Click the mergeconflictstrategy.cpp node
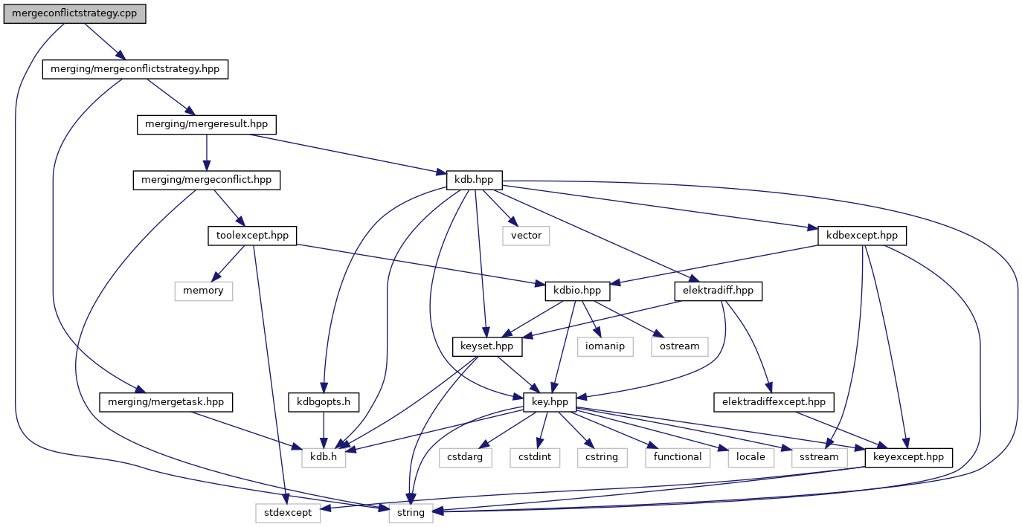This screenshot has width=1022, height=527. tap(74, 14)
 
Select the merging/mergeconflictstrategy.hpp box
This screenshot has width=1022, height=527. tap(135, 69)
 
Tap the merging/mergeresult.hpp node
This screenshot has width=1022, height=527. tap(206, 125)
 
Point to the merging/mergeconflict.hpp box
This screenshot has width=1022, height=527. tap(206, 180)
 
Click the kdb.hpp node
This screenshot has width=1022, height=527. tap(474, 180)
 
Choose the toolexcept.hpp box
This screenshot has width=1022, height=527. tap(251, 236)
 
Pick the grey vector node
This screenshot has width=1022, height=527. tap(526, 236)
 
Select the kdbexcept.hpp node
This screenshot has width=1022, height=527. tap(862, 236)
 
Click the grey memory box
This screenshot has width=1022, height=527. tap(203, 291)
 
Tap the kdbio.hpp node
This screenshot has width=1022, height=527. tap(578, 291)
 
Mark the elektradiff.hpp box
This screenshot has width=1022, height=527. tap(718, 291)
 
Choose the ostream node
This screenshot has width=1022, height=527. tap(679, 346)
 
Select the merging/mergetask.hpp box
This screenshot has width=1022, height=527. tap(166, 402)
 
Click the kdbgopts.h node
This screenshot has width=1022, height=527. tap(324, 402)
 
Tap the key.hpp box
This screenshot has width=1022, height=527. tap(550, 402)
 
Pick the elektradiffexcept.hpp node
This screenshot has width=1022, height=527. tap(774, 402)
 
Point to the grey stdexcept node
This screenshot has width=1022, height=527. tap(288, 513)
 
